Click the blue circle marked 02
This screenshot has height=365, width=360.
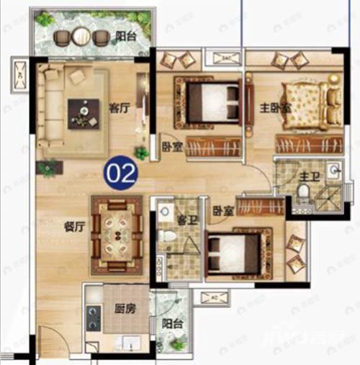tap(120, 172)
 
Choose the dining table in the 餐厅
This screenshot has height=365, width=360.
tap(116, 233)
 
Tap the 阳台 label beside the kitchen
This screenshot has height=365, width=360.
tap(171, 325)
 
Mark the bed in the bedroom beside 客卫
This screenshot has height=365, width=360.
tap(234, 252)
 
